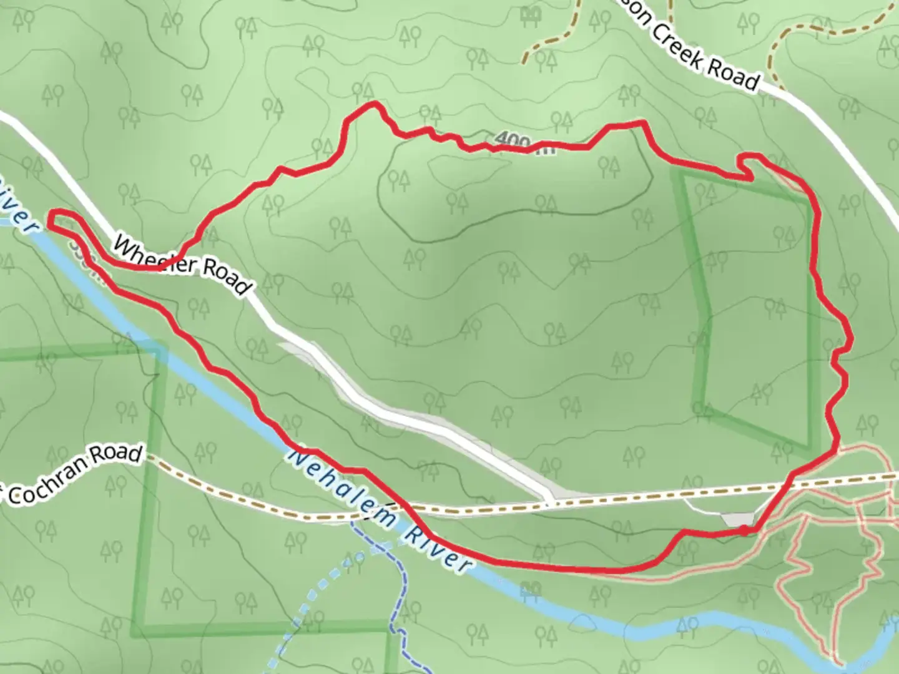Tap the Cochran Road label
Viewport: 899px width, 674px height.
(x=75, y=474)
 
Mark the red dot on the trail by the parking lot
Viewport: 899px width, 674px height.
(x=744, y=530)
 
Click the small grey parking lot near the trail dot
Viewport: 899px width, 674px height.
(x=737, y=519)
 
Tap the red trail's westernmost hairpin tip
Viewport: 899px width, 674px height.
(x=49, y=218)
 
